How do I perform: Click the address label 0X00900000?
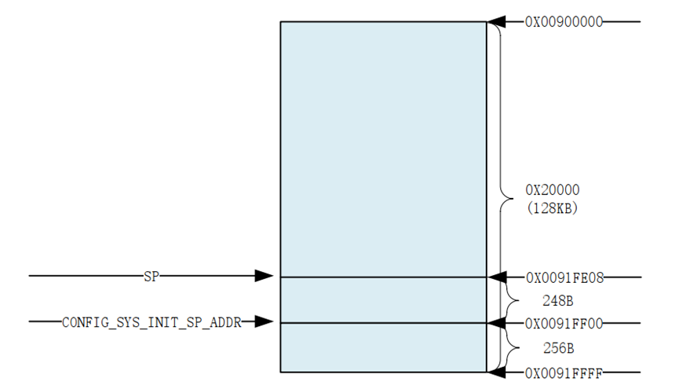click(564, 22)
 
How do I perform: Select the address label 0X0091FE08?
click(564, 277)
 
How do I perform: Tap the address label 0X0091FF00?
click(564, 323)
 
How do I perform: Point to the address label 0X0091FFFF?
click(564, 372)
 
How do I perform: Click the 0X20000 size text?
click(552, 190)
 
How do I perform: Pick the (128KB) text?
click(552, 208)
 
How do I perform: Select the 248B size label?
click(558, 300)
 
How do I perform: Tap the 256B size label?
click(558, 347)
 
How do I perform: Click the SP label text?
click(151, 277)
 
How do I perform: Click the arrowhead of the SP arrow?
click(265, 277)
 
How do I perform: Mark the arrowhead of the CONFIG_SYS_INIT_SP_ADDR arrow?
click(265, 322)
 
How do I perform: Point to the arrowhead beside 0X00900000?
click(496, 22)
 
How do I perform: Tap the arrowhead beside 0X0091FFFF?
click(496, 372)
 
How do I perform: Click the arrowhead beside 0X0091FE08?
click(496, 277)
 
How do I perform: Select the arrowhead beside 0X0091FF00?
click(496, 323)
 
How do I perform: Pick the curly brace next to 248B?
click(510, 300)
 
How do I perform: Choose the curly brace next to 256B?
click(510, 347)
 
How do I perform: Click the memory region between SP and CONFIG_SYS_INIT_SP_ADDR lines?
click(383, 300)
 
